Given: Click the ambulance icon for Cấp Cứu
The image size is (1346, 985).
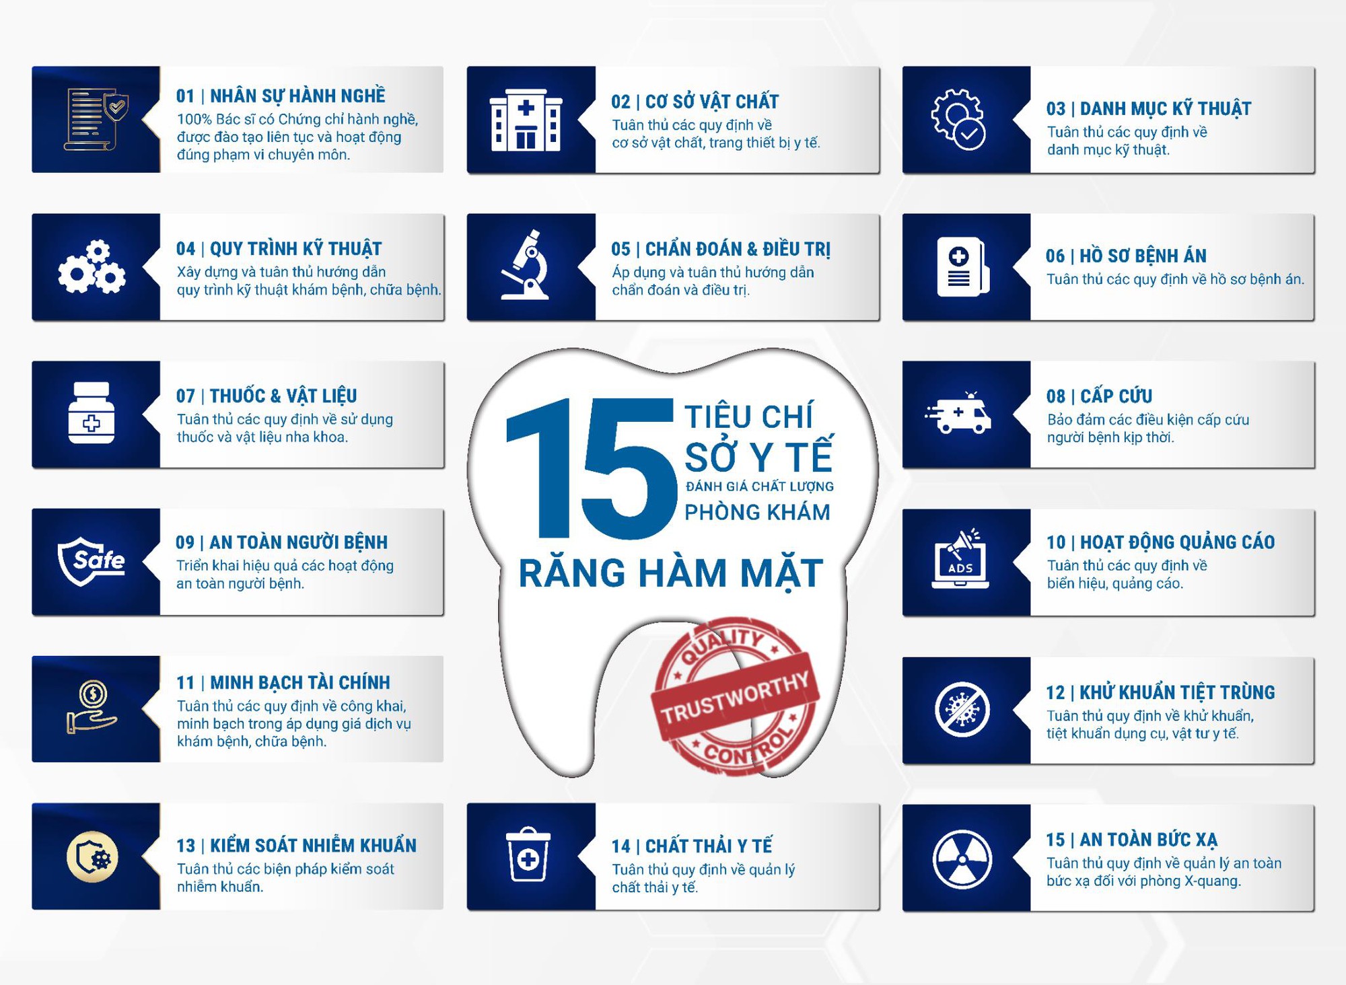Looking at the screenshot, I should click(958, 413).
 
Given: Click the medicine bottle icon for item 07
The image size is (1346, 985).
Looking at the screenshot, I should click(92, 413).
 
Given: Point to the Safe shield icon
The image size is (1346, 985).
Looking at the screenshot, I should click(92, 560).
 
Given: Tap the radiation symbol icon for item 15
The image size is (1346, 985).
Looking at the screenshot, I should click(962, 859).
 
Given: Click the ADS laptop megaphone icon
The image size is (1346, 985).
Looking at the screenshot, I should click(960, 560).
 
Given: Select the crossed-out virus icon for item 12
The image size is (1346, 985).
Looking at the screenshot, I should click(962, 709).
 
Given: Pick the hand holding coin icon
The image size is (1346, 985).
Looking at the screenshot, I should click(92, 708).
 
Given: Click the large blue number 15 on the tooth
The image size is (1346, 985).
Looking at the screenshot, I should click(590, 469).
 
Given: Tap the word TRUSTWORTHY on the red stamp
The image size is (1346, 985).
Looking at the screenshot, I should click(735, 698).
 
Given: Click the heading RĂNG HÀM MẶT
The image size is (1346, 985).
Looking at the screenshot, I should click(670, 573).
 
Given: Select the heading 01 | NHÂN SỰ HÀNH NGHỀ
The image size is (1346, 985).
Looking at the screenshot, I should click(281, 96).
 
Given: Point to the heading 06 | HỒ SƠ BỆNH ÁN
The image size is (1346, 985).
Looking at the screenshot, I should click(1126, 256).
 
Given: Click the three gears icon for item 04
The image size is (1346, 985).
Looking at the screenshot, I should click(92, 267).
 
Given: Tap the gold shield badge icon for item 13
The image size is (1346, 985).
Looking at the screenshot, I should click(92, 857).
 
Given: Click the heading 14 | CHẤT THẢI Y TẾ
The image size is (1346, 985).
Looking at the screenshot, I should click(691, 846).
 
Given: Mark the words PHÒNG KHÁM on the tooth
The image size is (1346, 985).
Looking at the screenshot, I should click(757, 513).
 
